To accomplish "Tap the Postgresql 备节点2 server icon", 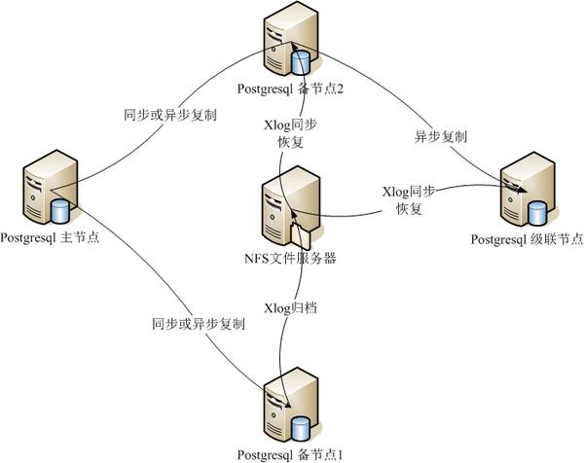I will click(286, 44).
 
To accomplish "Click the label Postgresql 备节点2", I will click(290, 89).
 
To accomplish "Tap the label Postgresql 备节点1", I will click(291, 454).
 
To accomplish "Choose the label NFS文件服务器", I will click(290, 259).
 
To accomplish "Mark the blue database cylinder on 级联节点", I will click(536, 210).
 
